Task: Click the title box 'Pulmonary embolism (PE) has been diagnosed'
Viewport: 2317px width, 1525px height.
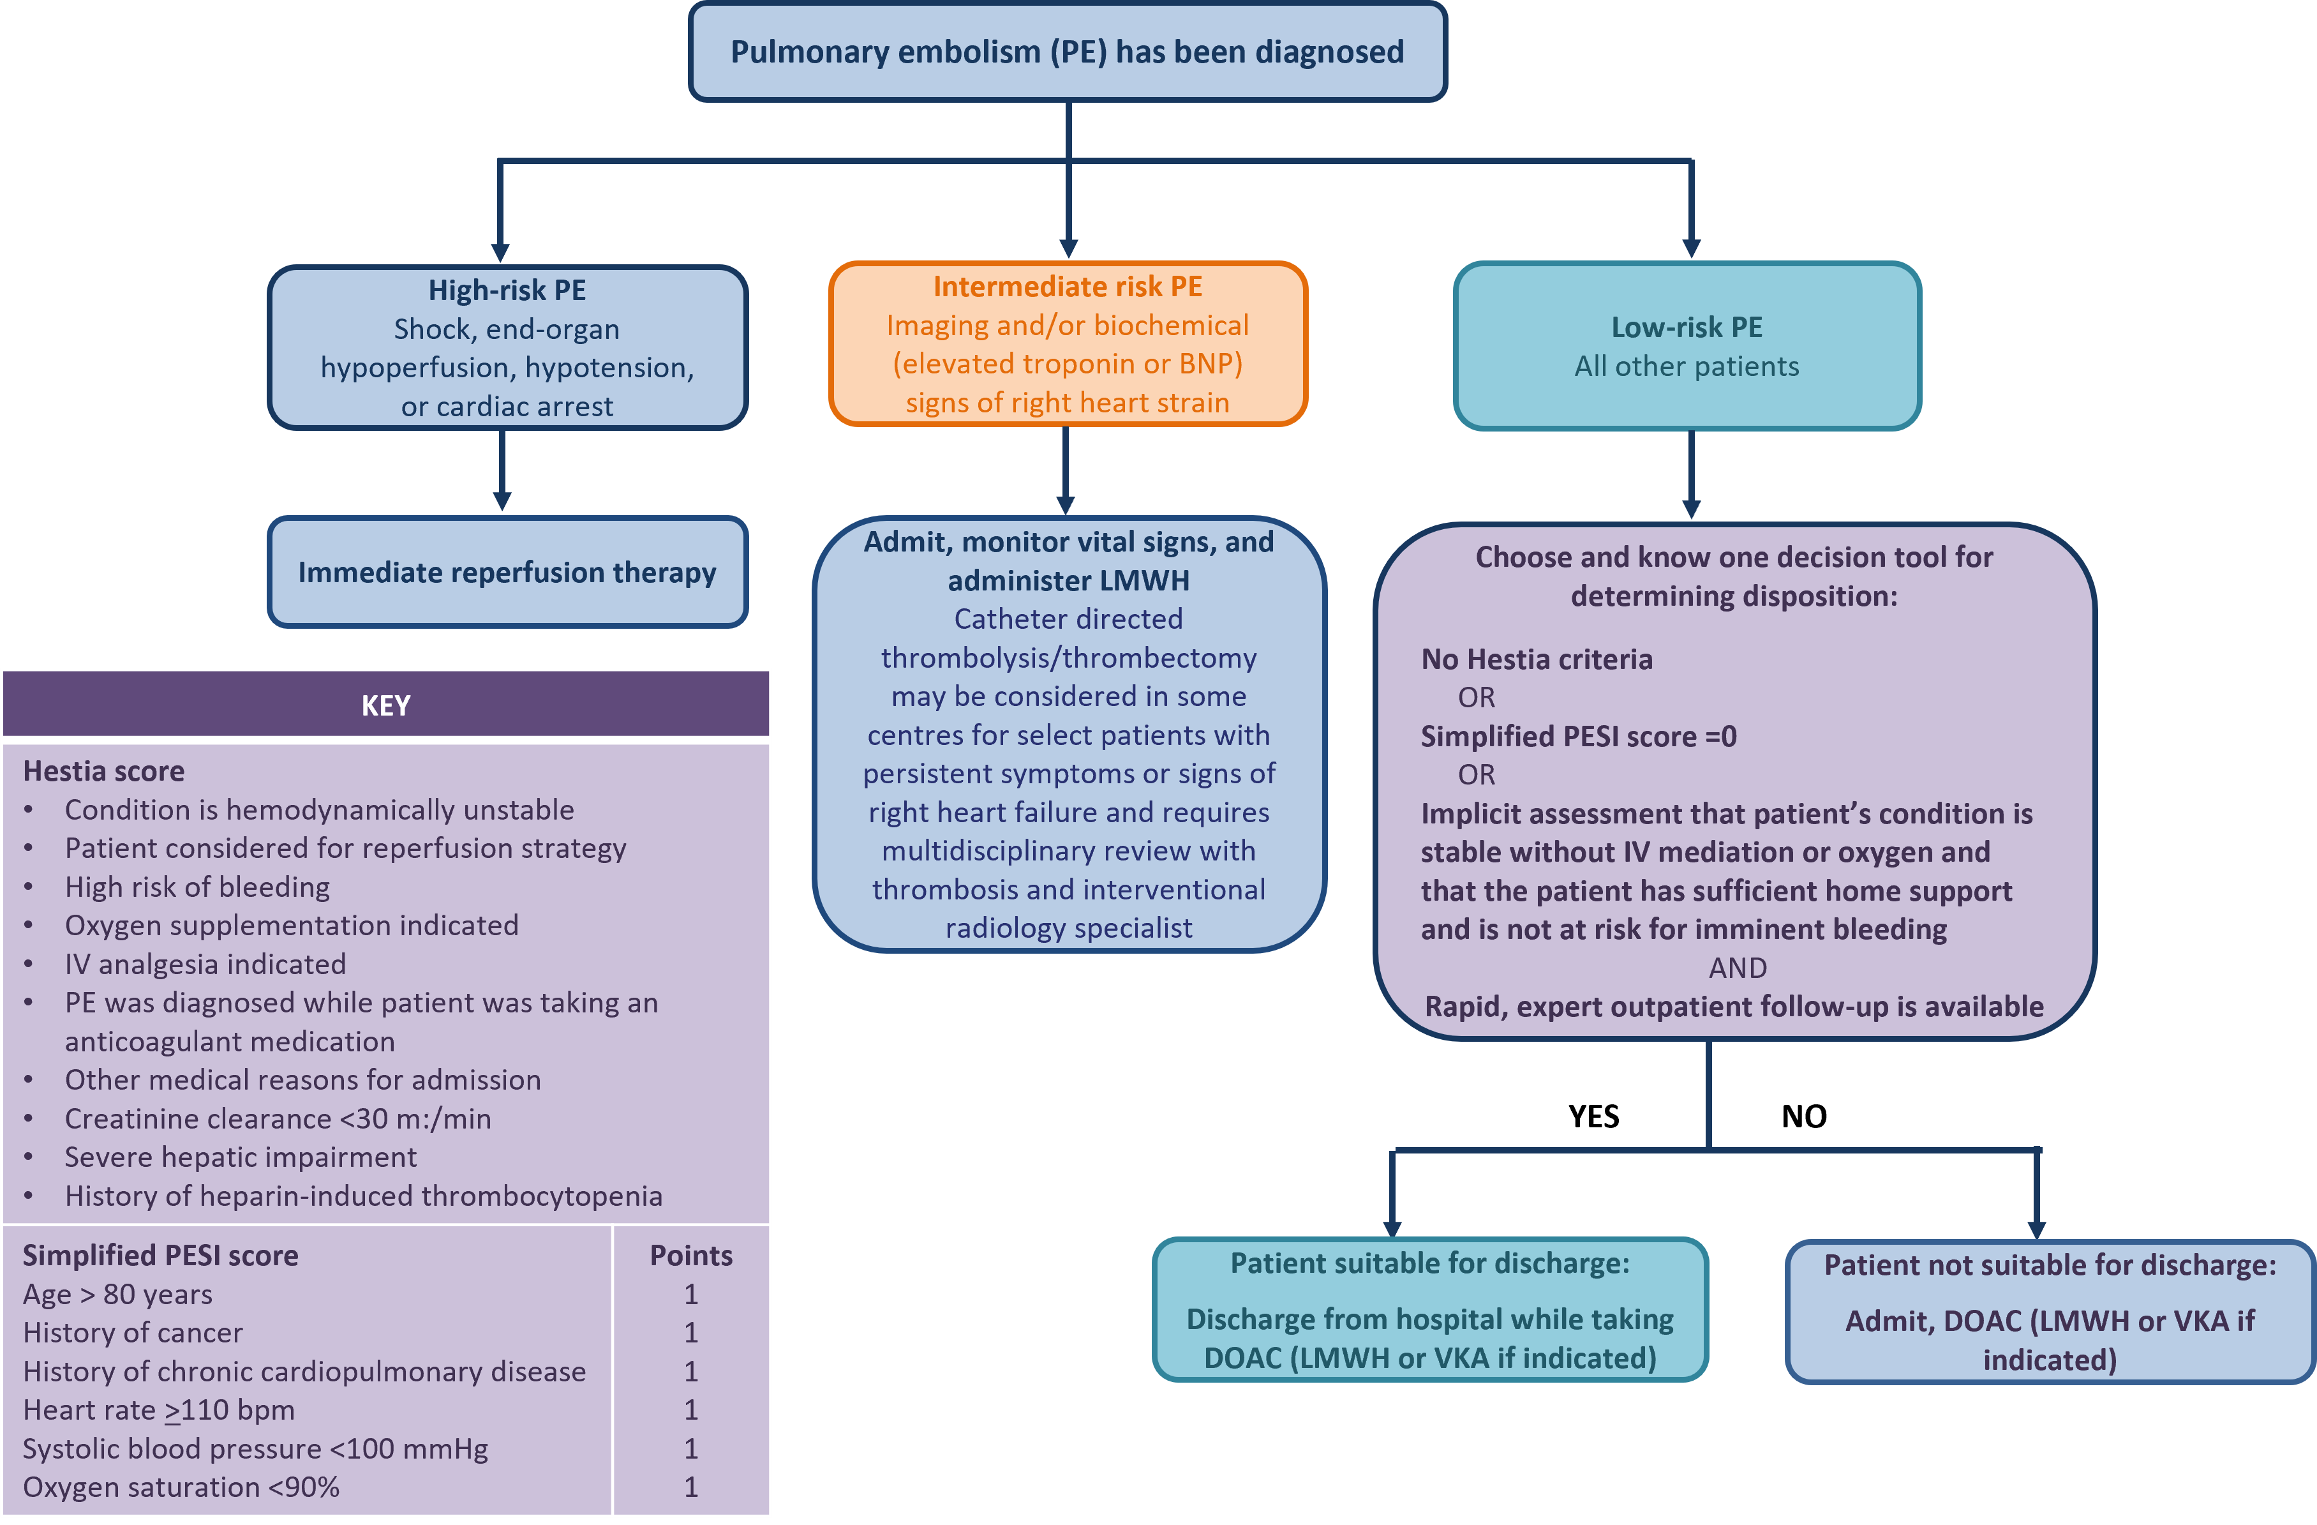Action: tap(1067, 52)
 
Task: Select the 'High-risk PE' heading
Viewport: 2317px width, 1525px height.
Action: tap(507, 290)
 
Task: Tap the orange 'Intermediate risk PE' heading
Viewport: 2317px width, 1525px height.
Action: tap(1067, 287)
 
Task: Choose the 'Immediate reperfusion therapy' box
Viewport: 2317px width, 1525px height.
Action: tap(507, 573)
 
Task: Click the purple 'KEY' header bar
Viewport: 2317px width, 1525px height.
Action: tap(385, 705)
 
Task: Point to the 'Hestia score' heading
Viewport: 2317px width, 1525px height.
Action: tap(103, 771)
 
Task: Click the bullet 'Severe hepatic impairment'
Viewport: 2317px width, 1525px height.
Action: tap(241, 1157)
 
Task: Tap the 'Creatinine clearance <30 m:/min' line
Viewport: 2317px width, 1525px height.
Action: tap(278, 1119)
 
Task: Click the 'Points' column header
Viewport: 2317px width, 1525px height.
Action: tap(690, 1255)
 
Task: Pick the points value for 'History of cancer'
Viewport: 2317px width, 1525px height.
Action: tap(690, 1332)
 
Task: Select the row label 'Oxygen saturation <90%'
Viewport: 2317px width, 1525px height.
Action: tap(181, 1487)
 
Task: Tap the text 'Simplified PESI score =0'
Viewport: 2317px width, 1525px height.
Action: tap(1577, 736)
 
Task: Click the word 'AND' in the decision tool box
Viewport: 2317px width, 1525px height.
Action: tap(1737, 968)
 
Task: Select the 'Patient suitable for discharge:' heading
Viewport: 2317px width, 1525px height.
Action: tap(1429, 1263)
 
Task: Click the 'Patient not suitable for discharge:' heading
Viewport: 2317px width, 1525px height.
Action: tap(2049, 1265)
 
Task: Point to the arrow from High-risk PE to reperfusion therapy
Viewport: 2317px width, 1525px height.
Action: tap(502, 471)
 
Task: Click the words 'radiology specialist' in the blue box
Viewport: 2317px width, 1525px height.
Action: tap(1068, 928)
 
